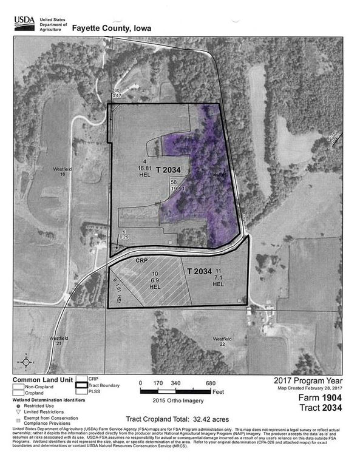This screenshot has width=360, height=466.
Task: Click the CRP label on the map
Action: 141,260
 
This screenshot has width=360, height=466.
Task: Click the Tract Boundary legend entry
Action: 100,385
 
